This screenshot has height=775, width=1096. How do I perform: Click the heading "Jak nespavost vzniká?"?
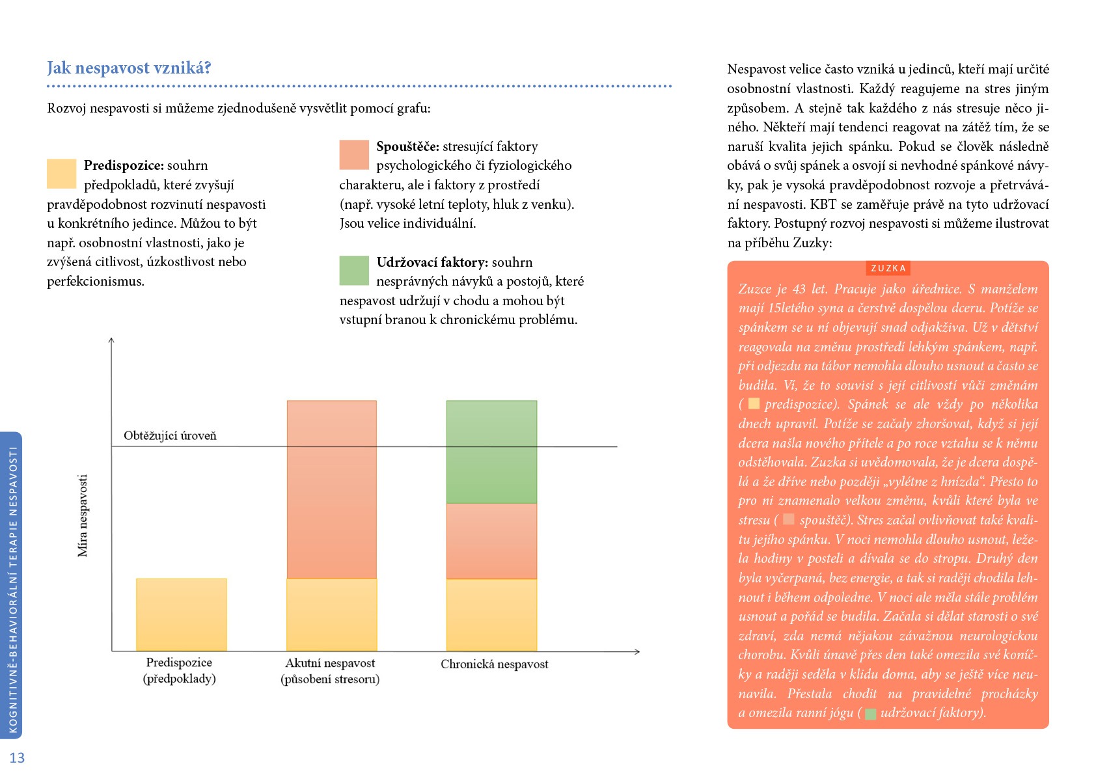(x=129, y=68)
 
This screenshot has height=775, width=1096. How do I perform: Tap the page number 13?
(x=17, y=757)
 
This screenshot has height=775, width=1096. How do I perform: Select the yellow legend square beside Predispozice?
(x=62, y=173)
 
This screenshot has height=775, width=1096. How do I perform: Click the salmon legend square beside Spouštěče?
(x=354, y=155)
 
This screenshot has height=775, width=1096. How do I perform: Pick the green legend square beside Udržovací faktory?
(x=354, y=270)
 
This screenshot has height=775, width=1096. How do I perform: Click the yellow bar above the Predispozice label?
(x=182, y=614)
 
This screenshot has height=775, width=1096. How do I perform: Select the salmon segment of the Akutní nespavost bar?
(x=332, y=489)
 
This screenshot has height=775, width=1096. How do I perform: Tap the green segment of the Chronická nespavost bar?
(x=492, y=452)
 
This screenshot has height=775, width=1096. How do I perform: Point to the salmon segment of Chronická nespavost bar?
(x=492, y=541)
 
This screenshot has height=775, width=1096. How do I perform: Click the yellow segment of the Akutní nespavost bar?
(x=332, y=614)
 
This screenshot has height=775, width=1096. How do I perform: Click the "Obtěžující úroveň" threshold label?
(x=170, y=435)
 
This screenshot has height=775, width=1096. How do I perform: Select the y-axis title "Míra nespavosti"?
(x=83, y=515)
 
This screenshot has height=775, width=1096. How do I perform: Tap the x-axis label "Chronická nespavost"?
(x=494, y=664)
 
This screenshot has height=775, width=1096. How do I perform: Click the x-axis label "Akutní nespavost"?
(x=330, y=663)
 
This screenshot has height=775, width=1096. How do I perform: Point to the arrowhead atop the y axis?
(x=111, y=340)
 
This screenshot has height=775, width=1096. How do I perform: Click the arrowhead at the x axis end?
(x=637, y=651)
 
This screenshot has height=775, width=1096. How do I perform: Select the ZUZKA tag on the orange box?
(x=888, y=268)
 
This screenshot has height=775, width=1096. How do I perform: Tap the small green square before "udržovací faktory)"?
(x=870, y=714)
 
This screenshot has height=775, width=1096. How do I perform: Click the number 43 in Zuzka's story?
(x=799, y=289)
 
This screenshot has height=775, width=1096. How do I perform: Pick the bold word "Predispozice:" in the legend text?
(x=124, y=165)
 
